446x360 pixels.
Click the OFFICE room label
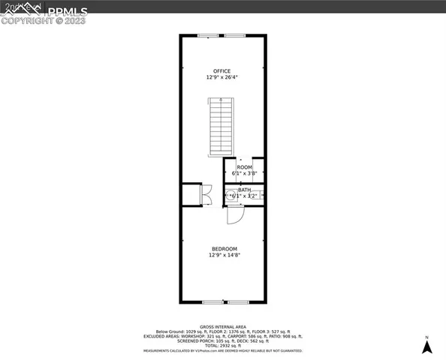tap(221, 71)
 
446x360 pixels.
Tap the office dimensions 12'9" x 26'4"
tap(221, 77)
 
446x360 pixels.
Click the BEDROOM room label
tap(224, 249)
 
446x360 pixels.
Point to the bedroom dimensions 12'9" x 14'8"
tap(224, 255)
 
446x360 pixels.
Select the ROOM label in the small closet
tap(245, 167)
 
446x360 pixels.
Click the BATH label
tap(245, 190)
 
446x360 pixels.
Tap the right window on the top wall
tap(235, 34)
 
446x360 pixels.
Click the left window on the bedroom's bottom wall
tap(213, 302)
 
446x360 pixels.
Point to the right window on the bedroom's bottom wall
tap(239, 302)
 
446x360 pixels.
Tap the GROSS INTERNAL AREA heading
tap(223, 327)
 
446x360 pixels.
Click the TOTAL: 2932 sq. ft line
tap(223, 346)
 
